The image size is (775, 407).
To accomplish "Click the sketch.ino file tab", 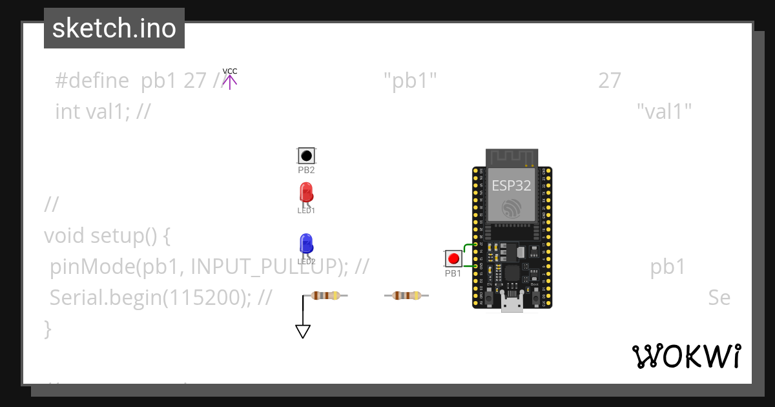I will pyautogui.click(x=114, y=28).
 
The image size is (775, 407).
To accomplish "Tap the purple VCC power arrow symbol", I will pyautogui.click(x=230, y=81).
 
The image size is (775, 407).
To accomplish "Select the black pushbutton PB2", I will pyautogui.click(x=306, y=156).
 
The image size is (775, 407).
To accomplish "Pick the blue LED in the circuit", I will pyautogui.click(x=306, y=244).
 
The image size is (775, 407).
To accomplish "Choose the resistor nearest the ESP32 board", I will pyautogui.click(x=406, y=296).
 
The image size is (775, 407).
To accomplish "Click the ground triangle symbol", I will pyautogui.click(x=302, y=331).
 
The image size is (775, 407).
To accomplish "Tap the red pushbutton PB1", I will pyautogui.click(x=453, y=258).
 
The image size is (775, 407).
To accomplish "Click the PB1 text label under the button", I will pyautogui.click(x=453, y=273).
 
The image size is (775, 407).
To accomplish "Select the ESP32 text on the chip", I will pyautogui.click(x=512, y=186).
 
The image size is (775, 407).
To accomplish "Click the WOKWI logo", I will pyautogui.click(x=686, y=356).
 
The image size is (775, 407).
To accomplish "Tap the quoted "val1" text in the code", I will pyautogui.click(x=664, y=112).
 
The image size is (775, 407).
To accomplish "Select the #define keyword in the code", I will pyautogui.click(x=92, y=81).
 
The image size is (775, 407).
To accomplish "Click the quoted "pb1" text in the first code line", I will pyautogui.click(x=410, y=81).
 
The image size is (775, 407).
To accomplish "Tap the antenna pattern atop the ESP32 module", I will pyautogui.click(x=512, y=157).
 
